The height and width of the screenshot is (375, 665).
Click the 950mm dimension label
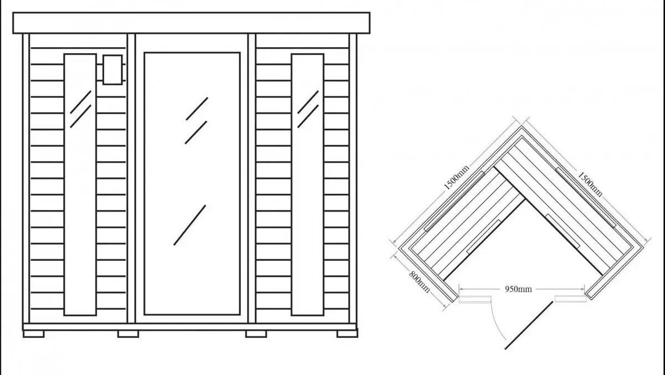tap(518, 289)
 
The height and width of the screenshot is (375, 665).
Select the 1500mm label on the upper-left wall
tap(456, 177)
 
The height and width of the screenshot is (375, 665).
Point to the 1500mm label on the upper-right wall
tap(590, 184)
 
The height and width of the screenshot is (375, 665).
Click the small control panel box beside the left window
tap(112, 70)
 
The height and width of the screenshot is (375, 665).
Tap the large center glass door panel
tap(192, 184)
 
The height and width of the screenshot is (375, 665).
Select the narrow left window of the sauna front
tap(80, 184)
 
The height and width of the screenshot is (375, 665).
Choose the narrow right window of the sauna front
tap(308, 184)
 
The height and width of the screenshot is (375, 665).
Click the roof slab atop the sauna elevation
tap(192, 23)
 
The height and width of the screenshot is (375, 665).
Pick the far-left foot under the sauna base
tap(34, 334)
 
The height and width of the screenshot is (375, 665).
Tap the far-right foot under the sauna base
tap(347, 334)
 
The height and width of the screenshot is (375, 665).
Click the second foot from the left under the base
tap(128, 334)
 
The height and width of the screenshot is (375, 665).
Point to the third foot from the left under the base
tap(256, 334)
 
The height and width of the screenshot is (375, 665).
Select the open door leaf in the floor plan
tap(529, 326)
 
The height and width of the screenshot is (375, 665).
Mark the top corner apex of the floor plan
tap(522, 126)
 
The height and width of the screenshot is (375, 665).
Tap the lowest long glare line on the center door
tap(190, 225)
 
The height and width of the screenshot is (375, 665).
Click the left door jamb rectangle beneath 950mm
tap(475, 299)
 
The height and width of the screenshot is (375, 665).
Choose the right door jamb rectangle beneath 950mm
tap(571, 299)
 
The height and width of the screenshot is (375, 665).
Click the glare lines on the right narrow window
tap(308, 109)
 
